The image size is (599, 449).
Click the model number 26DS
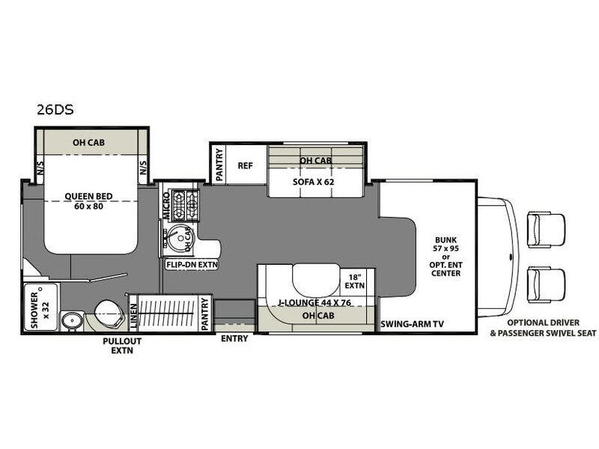click(x=55, y=109)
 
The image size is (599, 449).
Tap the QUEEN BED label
click(x=88, y=196)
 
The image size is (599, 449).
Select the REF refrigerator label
click(x=246, y=165)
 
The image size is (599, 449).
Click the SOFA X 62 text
click(x=313, y=182)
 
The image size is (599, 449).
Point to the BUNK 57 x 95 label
click(x=446, y=244)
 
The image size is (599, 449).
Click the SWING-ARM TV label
click(x=413, y=324)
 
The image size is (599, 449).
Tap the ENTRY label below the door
click(x=234, y=338)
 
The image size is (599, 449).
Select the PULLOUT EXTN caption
click(x=122, y=346)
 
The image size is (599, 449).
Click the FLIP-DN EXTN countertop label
click(x=192, y=264)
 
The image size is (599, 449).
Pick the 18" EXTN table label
click(x=354, y=281)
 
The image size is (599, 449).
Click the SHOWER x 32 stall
click(x=41, y=306)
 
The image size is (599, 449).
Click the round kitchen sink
click(x=180, y=238)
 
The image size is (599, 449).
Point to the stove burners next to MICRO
click(x=186, y=205)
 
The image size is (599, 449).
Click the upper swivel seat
click(x=546, y=230)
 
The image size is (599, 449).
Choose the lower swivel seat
click(x=546, y=285)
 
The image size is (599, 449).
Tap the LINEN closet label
click(x=133, y=316)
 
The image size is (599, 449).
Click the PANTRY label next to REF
click(x=219, y=165)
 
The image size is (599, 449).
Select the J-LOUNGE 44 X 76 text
click(x=314, y=303)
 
